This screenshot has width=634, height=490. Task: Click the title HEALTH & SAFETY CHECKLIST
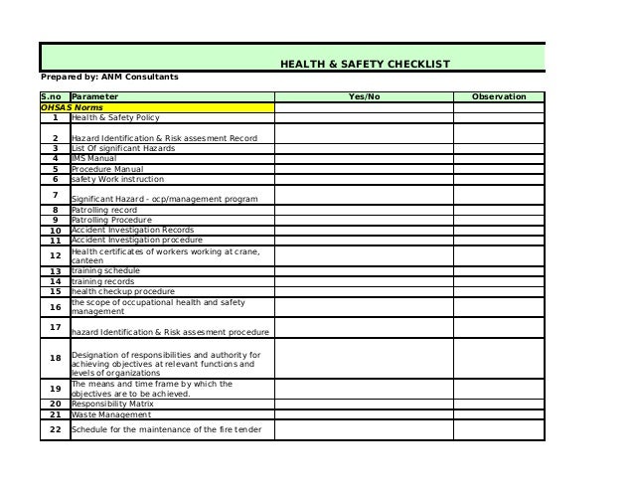[365, 65]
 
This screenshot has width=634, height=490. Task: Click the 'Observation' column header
[498, 96]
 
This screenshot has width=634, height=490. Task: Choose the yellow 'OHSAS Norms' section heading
[72, 106]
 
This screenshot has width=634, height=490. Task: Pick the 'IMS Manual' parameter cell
[93, 158]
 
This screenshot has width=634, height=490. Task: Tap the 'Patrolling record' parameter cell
[104, 211]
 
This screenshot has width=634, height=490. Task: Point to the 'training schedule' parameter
[105, 270]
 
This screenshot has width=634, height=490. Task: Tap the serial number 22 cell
[55, 429]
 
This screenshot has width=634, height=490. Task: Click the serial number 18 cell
[55, 358]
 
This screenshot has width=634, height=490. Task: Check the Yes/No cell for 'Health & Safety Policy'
[364, 117]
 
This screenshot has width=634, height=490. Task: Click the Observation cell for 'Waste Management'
[499, 415]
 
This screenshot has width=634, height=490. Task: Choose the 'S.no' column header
[52, 96]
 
